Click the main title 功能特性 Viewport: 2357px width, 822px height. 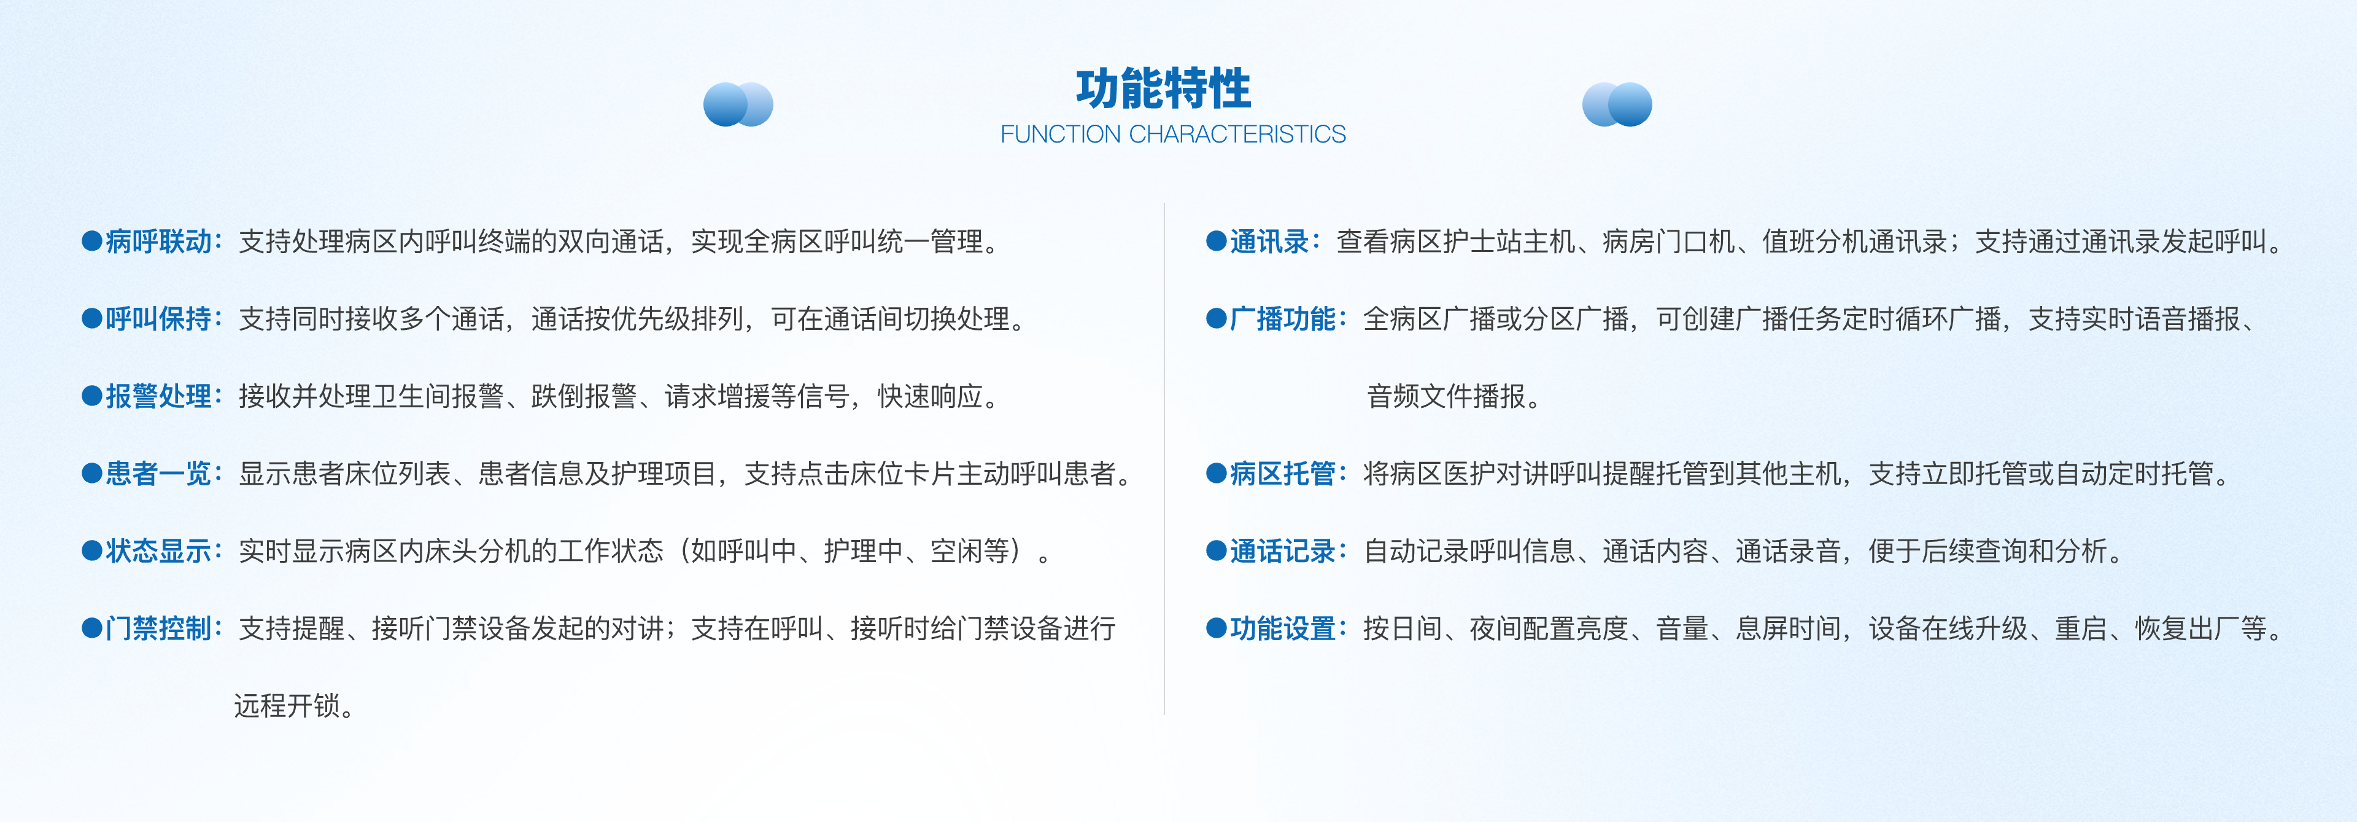coord(1163,89)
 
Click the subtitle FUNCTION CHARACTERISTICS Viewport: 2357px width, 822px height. coord(1173,135)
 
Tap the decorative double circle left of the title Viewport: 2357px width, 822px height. coord(737,104)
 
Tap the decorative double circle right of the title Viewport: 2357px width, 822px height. coord(1617,104)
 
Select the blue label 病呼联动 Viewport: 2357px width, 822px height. coord(159,241)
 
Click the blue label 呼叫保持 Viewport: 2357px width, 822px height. coord(159,319)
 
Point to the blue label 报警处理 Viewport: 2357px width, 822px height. coord(159,396)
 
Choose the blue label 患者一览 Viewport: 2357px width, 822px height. coord(159,473)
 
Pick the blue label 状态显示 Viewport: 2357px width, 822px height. coord(159,551)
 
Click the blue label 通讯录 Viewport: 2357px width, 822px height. coord(1270,241)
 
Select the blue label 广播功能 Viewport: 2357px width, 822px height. coord(1283,319)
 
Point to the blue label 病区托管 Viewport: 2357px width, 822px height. coord(1283,473)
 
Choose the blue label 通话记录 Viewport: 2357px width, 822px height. coord(1283,551)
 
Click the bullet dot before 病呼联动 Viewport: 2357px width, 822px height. coord(91,241)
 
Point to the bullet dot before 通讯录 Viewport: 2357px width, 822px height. coord(1216,241)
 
